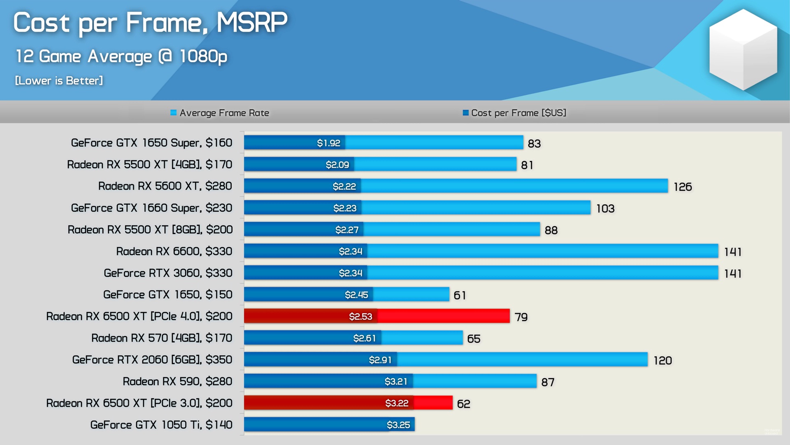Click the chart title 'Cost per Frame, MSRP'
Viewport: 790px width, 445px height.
coord(150,23)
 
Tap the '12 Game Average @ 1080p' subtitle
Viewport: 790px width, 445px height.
coord(121,56)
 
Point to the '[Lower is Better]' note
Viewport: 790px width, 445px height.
coord(59,80)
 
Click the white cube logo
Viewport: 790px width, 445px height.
coord(743,49)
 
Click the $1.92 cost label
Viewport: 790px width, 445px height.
coord(328,143)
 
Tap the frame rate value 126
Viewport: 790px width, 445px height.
coord(683,187)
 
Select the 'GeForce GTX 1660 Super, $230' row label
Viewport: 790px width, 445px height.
coord(151,208)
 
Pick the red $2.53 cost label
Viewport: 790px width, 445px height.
coord(360,316)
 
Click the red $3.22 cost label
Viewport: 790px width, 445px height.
coord(397,403)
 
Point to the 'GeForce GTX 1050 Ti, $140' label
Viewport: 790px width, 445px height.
coord(161,424)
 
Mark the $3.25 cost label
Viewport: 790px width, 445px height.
coord(398,425)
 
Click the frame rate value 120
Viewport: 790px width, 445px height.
coord(662,361)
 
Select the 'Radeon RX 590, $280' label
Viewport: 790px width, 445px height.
coord(177,381)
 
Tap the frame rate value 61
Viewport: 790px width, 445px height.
coord(460,295)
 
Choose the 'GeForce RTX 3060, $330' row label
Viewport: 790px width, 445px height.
coord(168,273)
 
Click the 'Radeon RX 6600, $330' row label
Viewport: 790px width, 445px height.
coord(174,251)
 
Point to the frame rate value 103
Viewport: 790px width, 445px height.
coord(605,208)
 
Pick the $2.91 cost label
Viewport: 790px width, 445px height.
coord(380,360)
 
